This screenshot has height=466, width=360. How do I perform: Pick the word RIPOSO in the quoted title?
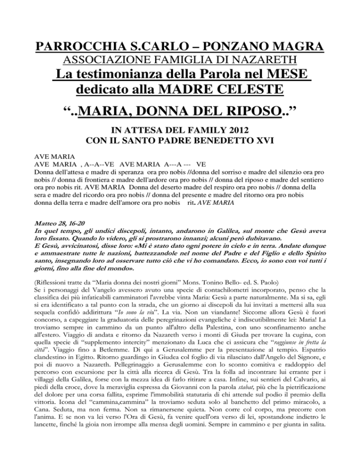point(247,112)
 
